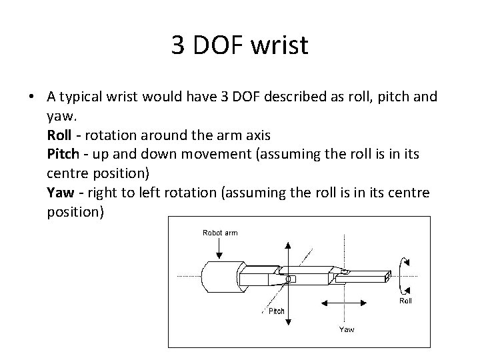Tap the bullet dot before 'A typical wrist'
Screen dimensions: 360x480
pos(31,97)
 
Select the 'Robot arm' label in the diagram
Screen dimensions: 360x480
pos(219,233)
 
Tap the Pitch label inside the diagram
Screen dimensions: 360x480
pos(276,311)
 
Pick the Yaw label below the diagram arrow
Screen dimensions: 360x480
pos(347,329)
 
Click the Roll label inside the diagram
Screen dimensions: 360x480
pos(405,301)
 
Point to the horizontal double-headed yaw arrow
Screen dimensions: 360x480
pos(347,304)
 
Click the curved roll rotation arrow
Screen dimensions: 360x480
pos(404,274)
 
